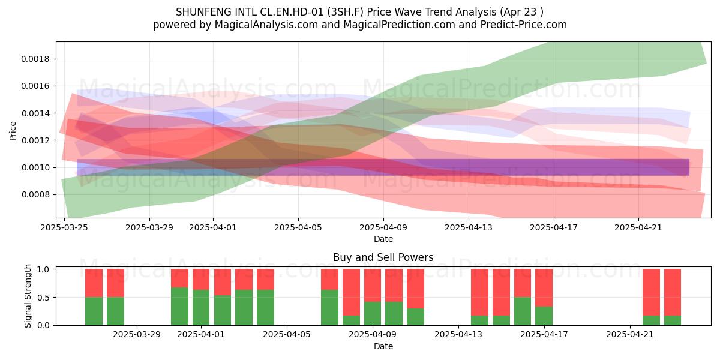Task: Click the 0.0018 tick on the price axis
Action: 35,59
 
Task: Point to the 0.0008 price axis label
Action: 35,195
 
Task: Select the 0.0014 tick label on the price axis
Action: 35,113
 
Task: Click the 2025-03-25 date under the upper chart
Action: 64,227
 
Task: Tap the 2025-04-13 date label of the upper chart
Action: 469,227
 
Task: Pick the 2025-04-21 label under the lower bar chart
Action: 630,335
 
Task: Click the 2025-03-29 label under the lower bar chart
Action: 137,335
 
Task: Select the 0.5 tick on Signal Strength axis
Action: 43,298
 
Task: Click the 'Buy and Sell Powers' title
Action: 383,257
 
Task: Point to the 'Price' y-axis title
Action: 13,131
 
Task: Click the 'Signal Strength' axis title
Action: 28,296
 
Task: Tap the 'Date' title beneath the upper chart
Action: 383,239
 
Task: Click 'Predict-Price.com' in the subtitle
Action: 524,25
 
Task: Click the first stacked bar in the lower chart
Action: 94,298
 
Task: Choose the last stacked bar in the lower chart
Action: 673,298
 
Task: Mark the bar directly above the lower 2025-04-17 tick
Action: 544,298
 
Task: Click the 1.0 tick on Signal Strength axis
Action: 43,269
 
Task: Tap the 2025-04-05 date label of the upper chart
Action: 298,227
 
